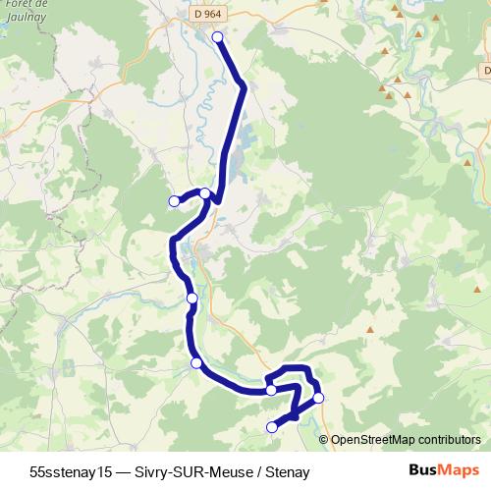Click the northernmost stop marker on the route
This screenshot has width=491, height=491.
[x=218, y=37]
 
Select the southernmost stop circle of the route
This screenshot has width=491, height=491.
[x=272, y=426]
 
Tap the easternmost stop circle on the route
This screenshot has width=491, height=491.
[x=318, y=398]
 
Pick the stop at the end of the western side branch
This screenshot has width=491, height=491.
[x=174, y=201]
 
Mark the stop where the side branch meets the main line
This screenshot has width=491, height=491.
[x=204, y=193]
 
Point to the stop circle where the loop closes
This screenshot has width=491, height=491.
[x=271, y=390]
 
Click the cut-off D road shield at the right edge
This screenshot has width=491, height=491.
[x=486, y=71]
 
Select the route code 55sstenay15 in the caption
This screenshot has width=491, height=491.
[x=71, y=472]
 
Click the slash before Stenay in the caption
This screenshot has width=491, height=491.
[x=257, y=472]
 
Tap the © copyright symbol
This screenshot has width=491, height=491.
[x=326, y=440]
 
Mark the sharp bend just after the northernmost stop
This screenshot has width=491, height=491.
[x=243, y=86]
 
